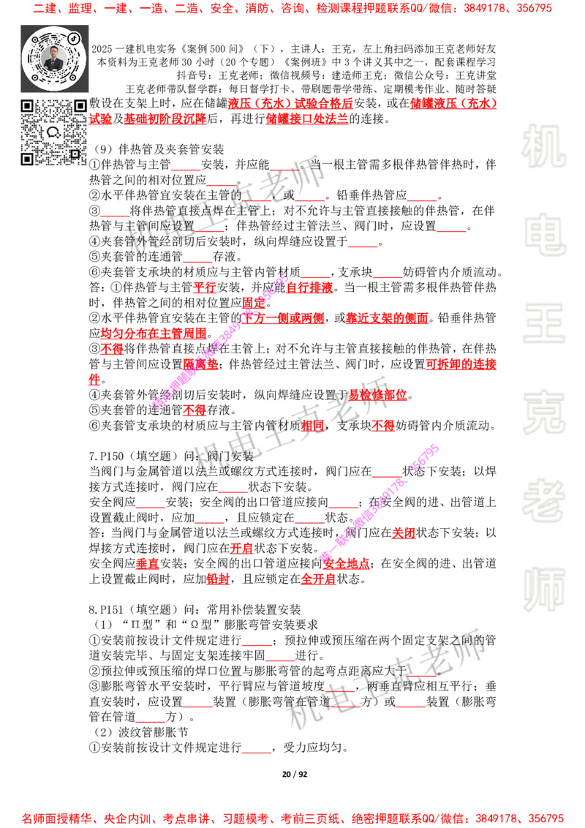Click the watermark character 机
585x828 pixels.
coord(543,146)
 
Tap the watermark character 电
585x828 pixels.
coord(546,234)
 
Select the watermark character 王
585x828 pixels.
coord(543,325)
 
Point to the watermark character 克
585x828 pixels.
coord(543,413)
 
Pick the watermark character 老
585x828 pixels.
coord(543,500)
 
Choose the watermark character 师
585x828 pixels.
coord(543,591)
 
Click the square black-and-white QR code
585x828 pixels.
coord(53,132)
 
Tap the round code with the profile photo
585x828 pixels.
coord(54,59)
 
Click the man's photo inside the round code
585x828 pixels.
coord(54,59)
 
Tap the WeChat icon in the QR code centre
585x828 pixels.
coord(53,132)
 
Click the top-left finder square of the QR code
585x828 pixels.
coord(27,106)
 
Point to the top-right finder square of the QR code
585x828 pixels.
coord(79,106)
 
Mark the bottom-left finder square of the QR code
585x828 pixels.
coord(27,159)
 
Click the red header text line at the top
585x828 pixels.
coord(292,10)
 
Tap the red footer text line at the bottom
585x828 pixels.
coord(292,817)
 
